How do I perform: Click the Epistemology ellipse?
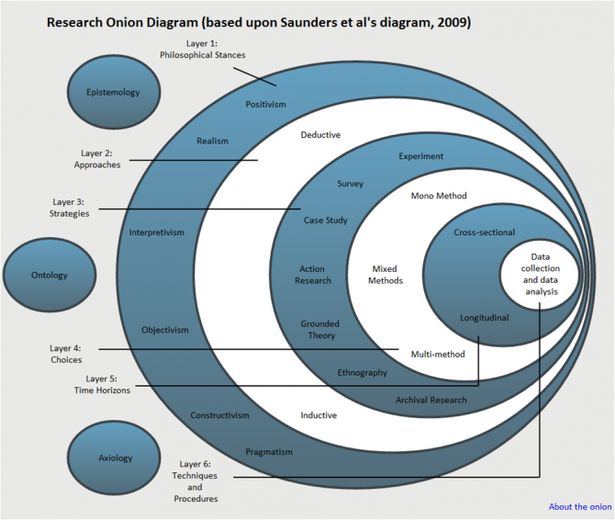[113, 92]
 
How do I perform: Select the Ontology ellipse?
[49, 275]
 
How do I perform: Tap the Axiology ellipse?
[115, 458]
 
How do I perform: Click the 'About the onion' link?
[579, 506]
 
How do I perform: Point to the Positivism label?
[265, 105]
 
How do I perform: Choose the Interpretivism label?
[156, 232]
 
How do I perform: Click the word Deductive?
[320, 135]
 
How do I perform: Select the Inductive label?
[319, 415]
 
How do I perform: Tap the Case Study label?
[325, 220]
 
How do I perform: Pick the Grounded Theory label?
[319, 330]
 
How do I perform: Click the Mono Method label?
[439, 196]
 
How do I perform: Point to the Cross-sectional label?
[484, 232]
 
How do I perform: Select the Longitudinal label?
[484, 318]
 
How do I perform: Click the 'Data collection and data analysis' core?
[541, 274]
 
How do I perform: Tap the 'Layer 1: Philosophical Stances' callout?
[202, 49]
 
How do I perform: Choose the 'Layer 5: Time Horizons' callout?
[102, 384]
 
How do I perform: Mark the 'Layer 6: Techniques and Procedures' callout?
[196, 481]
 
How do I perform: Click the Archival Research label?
[430, 400]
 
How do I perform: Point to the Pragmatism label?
[269, 452]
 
